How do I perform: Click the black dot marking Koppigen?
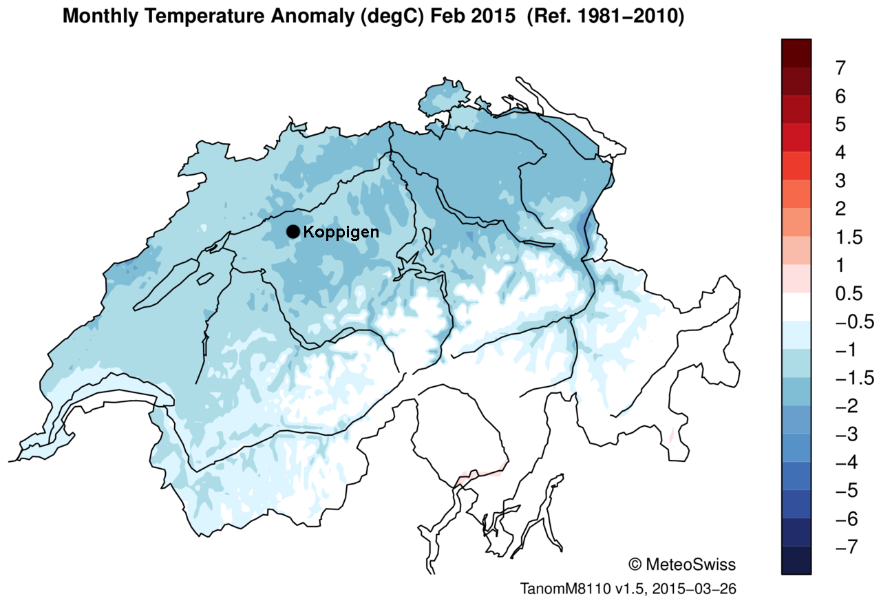pyautogui.click(x=293, y=232)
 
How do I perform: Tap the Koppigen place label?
pyautogui.click(x=341, y=232)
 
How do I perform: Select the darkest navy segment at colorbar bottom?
pyautogui.click(x=796, y=560)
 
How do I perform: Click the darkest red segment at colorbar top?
pyautogui.click(x=796, y=53)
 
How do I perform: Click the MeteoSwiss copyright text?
pyautogui.click(x=682, y=564)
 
